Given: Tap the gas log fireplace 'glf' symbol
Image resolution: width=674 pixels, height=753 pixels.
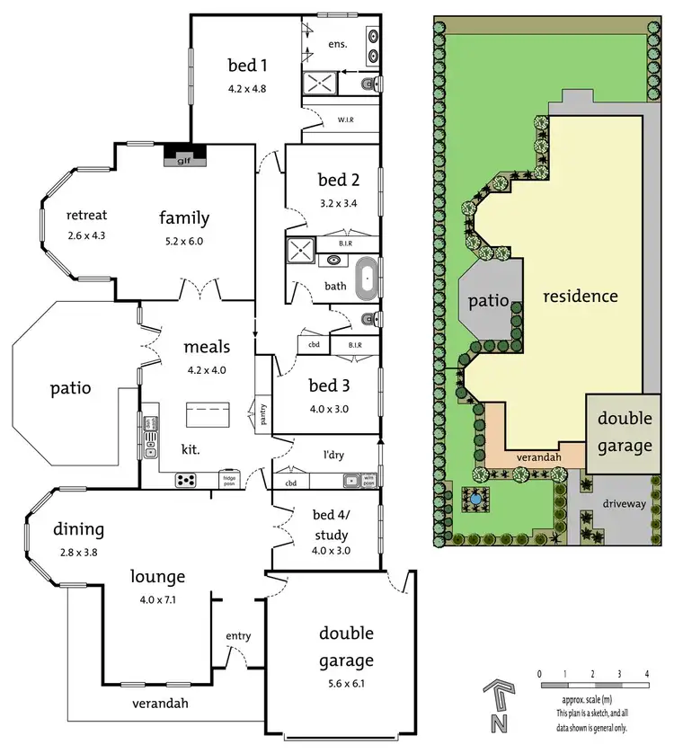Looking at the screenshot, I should [x=183, y=159].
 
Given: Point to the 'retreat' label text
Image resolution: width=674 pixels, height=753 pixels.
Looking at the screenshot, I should [x=87, y=215].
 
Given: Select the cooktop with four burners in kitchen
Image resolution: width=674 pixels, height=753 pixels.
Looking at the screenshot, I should [x=186, y=480].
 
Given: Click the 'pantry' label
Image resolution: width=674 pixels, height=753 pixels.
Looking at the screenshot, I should [x=263, y=413].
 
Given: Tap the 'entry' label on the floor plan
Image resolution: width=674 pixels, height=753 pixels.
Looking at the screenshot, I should [x=238, y=636].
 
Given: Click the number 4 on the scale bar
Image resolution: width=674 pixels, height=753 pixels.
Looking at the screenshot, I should [x=647, y=673].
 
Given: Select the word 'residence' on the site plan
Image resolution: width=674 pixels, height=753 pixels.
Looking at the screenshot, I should [x=580, y=296].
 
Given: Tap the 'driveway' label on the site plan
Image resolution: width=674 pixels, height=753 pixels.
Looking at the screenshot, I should [x=624, y=504].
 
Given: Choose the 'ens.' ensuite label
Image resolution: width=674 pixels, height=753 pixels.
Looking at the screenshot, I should [x=338, y=43].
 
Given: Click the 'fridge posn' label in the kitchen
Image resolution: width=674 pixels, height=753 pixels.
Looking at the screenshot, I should [x=228, y=480].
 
